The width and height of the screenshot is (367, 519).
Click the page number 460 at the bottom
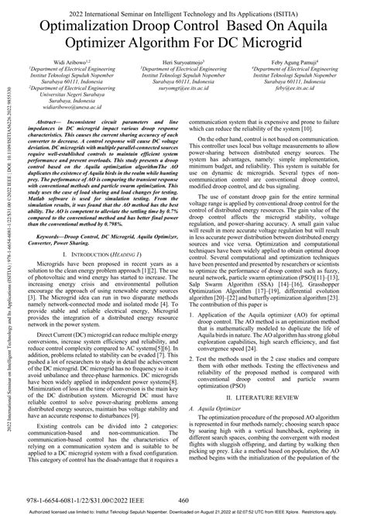183,500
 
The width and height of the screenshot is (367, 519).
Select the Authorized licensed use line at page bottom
183,513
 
